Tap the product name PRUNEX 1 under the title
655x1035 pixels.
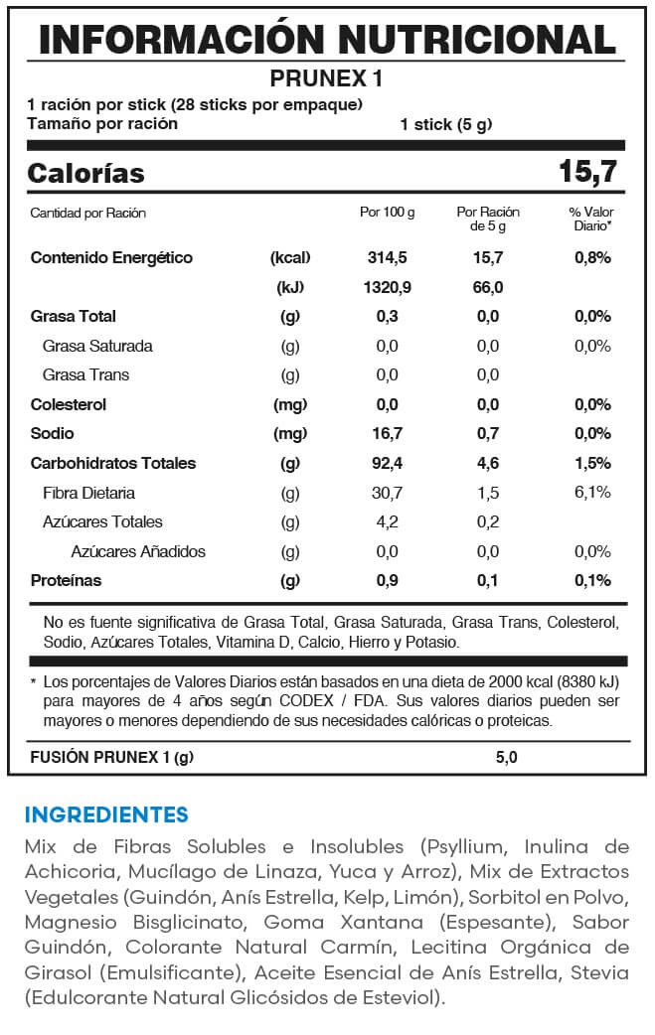(x=327, y=78)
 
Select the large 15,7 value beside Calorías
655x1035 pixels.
(x=587, y=172)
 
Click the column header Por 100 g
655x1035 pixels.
(x=387, y=213)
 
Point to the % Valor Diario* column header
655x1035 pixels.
(x=591, y=220)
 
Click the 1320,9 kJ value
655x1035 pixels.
(x=387, y=288)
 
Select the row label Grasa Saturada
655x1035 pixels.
(x=97, y=347)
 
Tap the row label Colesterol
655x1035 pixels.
(x=69, y=405)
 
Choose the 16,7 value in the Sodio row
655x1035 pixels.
(x=387, y=434)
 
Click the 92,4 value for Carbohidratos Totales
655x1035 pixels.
(x=387, y=464)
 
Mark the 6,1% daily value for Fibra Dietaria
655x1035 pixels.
(x=591, y=493)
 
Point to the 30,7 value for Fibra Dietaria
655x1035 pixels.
(x=387, y=493)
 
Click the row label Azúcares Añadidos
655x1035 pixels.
(x=138, y=551)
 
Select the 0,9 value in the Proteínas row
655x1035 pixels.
(x=387, y=581)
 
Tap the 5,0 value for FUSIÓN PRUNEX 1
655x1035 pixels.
(x=506, y=758)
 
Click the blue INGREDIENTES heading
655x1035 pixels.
(x=106, y=815)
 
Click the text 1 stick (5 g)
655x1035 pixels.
(x=446, y=125)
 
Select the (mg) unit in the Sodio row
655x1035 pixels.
(x=290, y=434)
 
